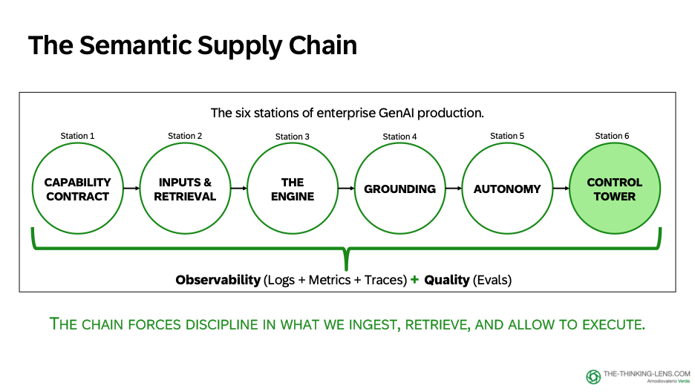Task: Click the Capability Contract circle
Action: pyautogui.click(x=77, y=189)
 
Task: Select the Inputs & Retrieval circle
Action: pyautogui.click(x=185, y=189)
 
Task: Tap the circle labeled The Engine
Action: pyautogui.click(x=293, y=189)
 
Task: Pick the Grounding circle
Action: pyautogui.click(x=399, y=189)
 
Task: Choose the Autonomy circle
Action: pyautogui.click(x=507, y=189)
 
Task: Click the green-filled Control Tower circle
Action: pyautogui.click(x=614, y=189)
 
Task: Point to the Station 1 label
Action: pyautogui.click(x=77, y=136)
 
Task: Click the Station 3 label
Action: pyautogui.click(x=293, y=137)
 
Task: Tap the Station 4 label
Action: pyautogui.click(x=399, y=137)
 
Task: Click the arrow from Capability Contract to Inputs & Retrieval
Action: pyautogui.click(x=131, y=189)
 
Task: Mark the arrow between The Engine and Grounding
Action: pyautogui.click(x=346, y=189)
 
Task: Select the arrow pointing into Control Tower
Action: pyautogui.click(x=561, y=189)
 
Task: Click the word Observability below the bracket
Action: pyautogui.click(x=218, y=280)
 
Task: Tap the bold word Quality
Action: pyautogui.click(x=447, y=280)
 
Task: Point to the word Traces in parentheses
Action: pyautogui.click(x=384, y=280)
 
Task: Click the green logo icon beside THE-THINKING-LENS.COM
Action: pyautogui.click(x=593, y=376)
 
